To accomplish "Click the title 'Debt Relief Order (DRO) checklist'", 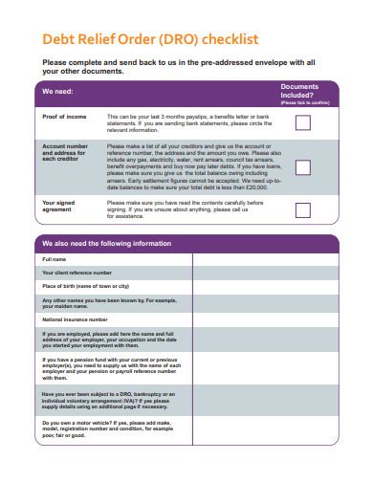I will point(150,40).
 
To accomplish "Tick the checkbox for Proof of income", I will point(302,121).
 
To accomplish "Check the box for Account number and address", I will point(302,166).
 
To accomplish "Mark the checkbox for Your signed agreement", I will point(302,210).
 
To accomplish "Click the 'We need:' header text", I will point(57,92).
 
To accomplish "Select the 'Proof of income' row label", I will point(64,116).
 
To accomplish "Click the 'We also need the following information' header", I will point(106,244).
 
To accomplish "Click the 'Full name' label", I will point(55,259).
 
